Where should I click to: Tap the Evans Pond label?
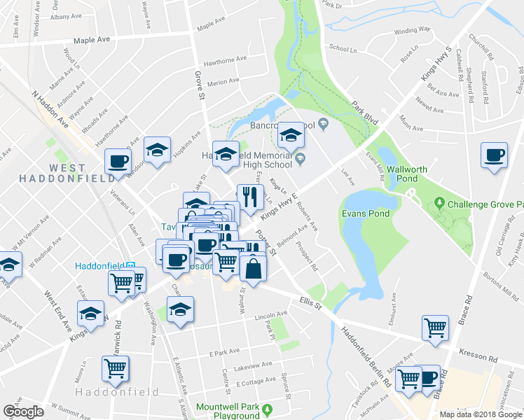(364, 213)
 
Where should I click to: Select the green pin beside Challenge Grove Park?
(439, 204)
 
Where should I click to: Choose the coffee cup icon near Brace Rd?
(494, 155)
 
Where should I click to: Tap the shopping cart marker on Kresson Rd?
(435, 328)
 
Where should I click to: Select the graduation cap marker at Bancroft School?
(291, 134)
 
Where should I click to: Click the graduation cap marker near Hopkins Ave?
(158, 150)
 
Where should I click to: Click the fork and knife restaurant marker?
(247, 197)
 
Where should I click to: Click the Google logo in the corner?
(24, 412)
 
